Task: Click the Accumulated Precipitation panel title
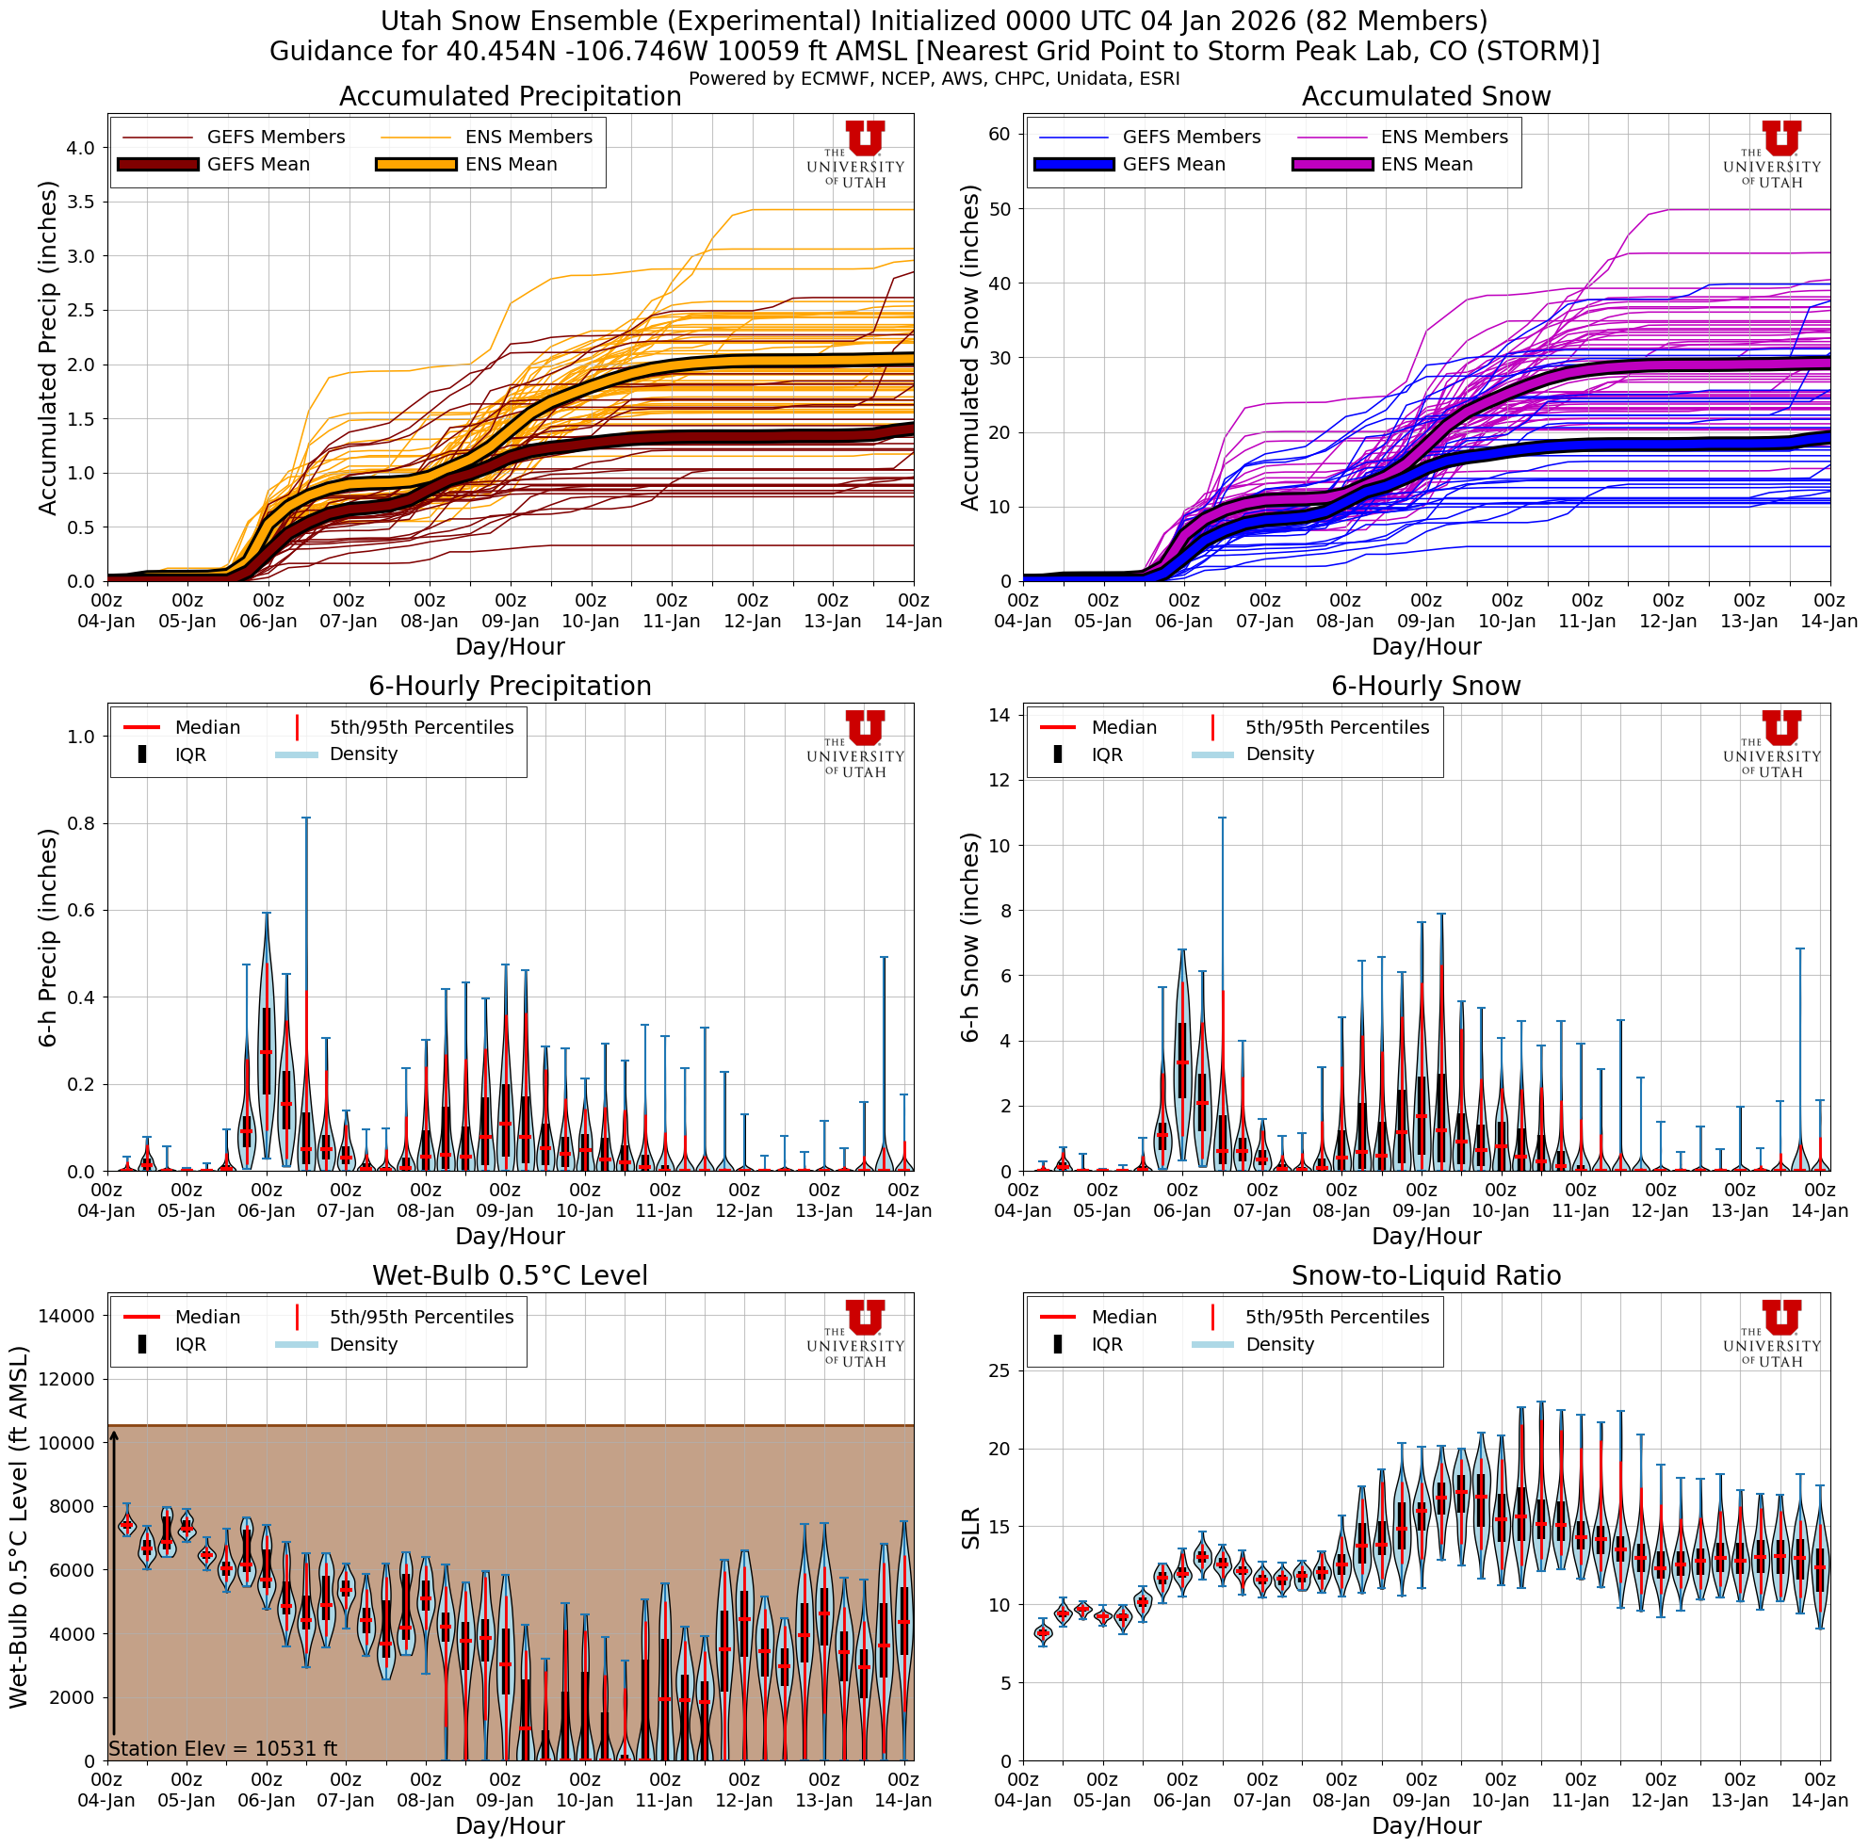point(510,97)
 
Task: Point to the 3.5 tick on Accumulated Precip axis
point(81,203)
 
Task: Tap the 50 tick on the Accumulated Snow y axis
point(999,209)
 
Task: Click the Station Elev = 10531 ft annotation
point(222,1748)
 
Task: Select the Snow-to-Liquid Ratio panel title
point(1425,1275)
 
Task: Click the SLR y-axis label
point(970,1528)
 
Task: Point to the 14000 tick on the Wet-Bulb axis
point(65,1315)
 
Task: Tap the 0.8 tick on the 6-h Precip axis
point(81,824)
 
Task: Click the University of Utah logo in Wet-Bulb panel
point(855,1334)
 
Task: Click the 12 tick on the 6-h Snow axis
point(999,781)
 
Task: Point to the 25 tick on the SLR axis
point(999,1370)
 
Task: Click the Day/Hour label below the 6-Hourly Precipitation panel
point(510,1236)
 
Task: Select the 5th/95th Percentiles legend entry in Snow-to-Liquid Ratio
point(1336,1317)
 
